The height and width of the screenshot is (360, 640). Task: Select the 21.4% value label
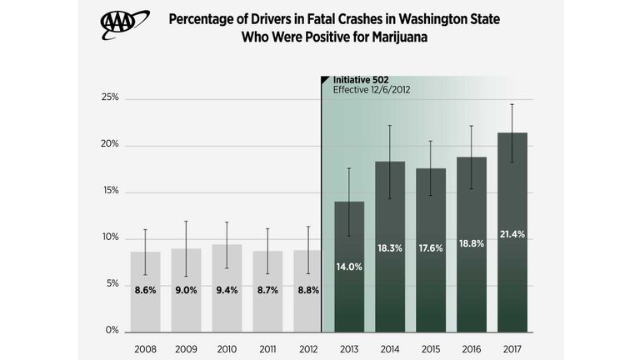pos(512,234)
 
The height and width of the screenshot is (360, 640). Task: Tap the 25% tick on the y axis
pos(111,97)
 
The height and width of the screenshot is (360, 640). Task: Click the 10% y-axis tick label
pos(111,237)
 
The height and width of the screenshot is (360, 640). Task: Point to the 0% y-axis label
pos(113,331)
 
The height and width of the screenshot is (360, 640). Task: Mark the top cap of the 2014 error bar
pos(390,126)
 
